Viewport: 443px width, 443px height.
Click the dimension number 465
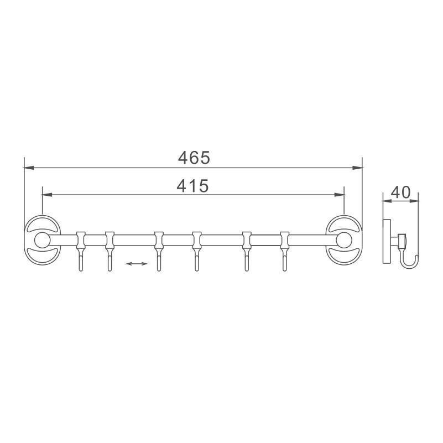click(x=194, y=158)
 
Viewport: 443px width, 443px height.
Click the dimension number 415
click(x=192, y=186)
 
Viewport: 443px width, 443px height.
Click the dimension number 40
click(x=400, y=192)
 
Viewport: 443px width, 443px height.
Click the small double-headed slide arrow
click(x=137, y=264)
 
